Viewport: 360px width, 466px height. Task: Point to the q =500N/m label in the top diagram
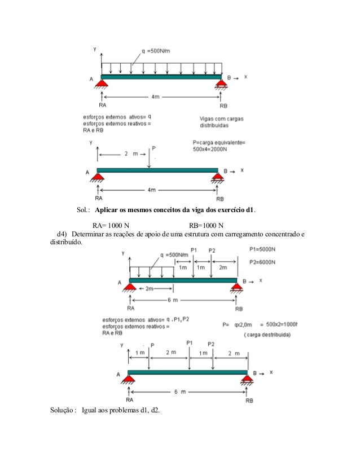(x=156, y=51)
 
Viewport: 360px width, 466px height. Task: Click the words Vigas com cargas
(x=221, y=119)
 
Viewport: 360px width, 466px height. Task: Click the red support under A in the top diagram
(x=102, y=85)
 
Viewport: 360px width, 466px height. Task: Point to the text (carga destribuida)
(x=267, y=335)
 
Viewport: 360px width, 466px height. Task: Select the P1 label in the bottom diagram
(x=190, y=342)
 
